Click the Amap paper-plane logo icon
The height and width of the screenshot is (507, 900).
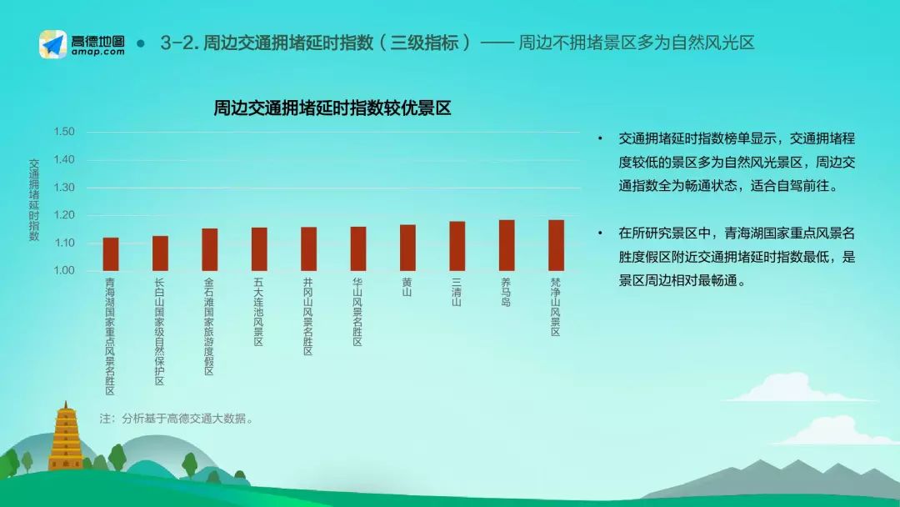(x=52, y=44)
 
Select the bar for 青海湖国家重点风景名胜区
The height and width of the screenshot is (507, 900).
(x=111, y=254)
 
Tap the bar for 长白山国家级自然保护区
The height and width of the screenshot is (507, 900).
(x=160, y=254)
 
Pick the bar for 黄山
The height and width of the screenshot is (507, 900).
(x=407, y=248)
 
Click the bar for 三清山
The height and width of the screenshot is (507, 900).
(x=457, y=246)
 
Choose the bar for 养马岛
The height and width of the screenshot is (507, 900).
(x=507, y=245)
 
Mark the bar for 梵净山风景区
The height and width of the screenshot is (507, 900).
(x=556, y=245)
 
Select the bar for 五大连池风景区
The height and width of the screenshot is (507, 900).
(x=259, y=249)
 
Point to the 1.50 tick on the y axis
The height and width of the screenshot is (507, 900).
(x=64, y=132)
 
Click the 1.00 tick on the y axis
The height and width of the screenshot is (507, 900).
(x=64, y=270)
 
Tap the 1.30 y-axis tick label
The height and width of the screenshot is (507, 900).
(x=64, y=187)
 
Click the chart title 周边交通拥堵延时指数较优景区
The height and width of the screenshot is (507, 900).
(x=332, y=108)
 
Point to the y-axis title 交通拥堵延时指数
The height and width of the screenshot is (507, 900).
(x=34, y=200)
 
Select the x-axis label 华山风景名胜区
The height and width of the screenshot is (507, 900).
(x=357, y=312)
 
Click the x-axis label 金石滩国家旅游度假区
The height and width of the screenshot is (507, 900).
(x=209, y=327)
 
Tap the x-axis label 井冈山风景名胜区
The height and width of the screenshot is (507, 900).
(x=308, y=317)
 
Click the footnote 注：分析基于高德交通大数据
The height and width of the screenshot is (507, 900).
(x=176, y=419)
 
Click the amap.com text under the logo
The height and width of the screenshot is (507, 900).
(x=98, y=52)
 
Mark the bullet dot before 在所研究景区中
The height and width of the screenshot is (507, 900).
(x=600, y=233)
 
